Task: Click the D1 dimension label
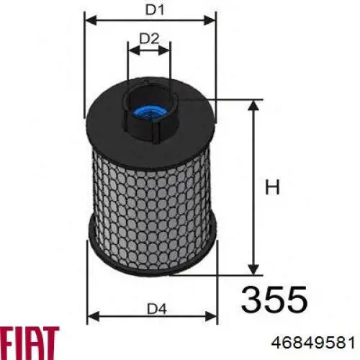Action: [155, 10]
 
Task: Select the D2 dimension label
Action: [149, 39]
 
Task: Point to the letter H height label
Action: [272, 186]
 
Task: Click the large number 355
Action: [274, 300]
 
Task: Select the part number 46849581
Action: [312, 342]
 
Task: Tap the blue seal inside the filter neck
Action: [149, 112]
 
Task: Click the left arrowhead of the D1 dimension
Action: [91, 20]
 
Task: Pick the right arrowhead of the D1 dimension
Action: [210, 20]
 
